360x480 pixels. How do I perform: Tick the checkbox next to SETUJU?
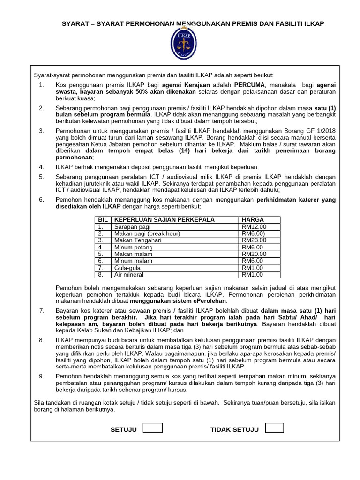[x=152, y=427]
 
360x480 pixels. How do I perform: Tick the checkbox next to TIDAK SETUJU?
[x=274, y=427]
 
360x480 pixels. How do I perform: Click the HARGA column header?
[x=253, y=219]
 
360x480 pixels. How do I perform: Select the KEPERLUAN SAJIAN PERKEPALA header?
[x=165, y=219]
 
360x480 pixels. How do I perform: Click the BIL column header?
[x=103, y=219]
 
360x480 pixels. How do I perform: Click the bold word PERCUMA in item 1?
[x=249, y=85]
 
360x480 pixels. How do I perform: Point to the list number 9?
[x=41, y=376]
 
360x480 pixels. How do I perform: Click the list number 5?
[x=41, y=176]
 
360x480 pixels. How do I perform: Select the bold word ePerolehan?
[x=208, y=301]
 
